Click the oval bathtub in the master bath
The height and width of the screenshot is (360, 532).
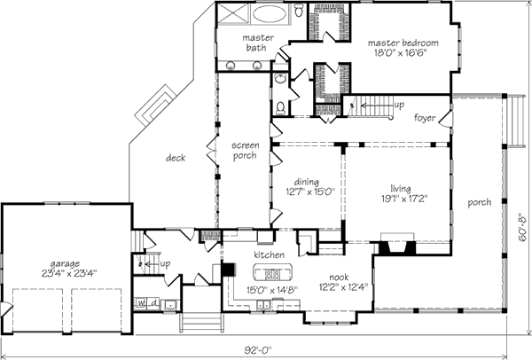click(x=270, y=14)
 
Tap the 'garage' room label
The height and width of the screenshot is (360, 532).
click(x=65, y=263)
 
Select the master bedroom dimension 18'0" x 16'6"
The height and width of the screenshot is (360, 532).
click(x=400, y=53)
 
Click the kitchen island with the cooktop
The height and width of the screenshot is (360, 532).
click(x=272, y=272)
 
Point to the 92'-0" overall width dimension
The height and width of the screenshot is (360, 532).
click(x=259, y=349)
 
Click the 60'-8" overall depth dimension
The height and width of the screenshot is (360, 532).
click(x=523, y=227)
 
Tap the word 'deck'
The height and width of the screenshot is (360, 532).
click(x=176, y=158)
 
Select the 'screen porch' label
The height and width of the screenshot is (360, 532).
click(x=246, y=151)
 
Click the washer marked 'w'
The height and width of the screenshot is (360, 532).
click(x=140, y=303)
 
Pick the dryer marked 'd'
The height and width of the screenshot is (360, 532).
click(x=153, y=303)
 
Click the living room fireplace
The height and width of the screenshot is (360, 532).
click(x=397, y=245)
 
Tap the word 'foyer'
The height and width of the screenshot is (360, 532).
click(x=425, y=118)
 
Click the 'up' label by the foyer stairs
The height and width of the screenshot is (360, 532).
click(x=399, y=106)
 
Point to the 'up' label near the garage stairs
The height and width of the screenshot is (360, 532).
click(x=165, y=264)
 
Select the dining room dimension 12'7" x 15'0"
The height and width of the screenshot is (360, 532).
click(x=310, y=192)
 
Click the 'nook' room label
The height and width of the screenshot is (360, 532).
click(x=339, y=278)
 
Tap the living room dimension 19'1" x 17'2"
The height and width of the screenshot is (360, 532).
click(x=403, y=198)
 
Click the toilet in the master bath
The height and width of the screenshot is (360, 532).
click(x=299, y=11)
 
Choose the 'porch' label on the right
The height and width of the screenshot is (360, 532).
click(x=479, y=202)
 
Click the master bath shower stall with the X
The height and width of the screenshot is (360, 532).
click(x=233, y=14)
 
